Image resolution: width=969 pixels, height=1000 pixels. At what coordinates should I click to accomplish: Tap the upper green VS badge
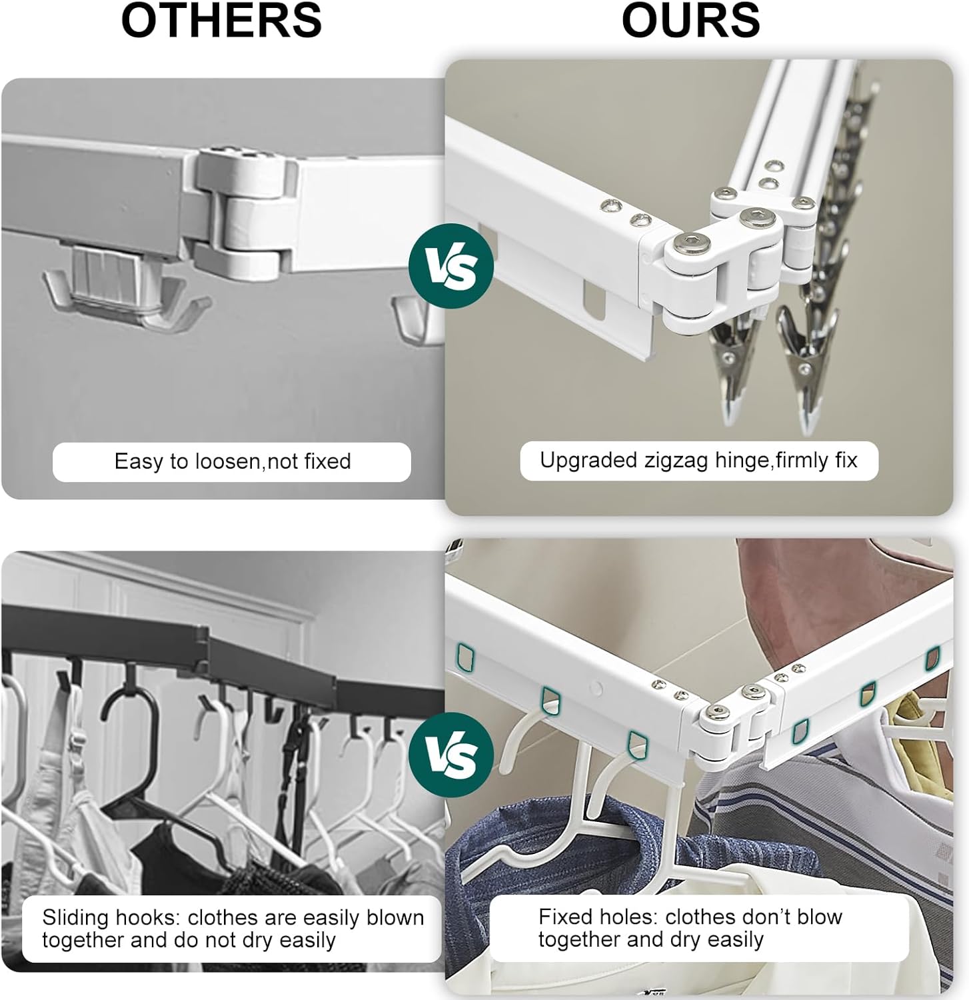[451, 266]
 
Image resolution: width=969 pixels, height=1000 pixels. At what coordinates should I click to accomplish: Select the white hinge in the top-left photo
[243, 213]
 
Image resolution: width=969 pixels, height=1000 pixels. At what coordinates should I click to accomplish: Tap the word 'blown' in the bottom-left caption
[395, 917]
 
